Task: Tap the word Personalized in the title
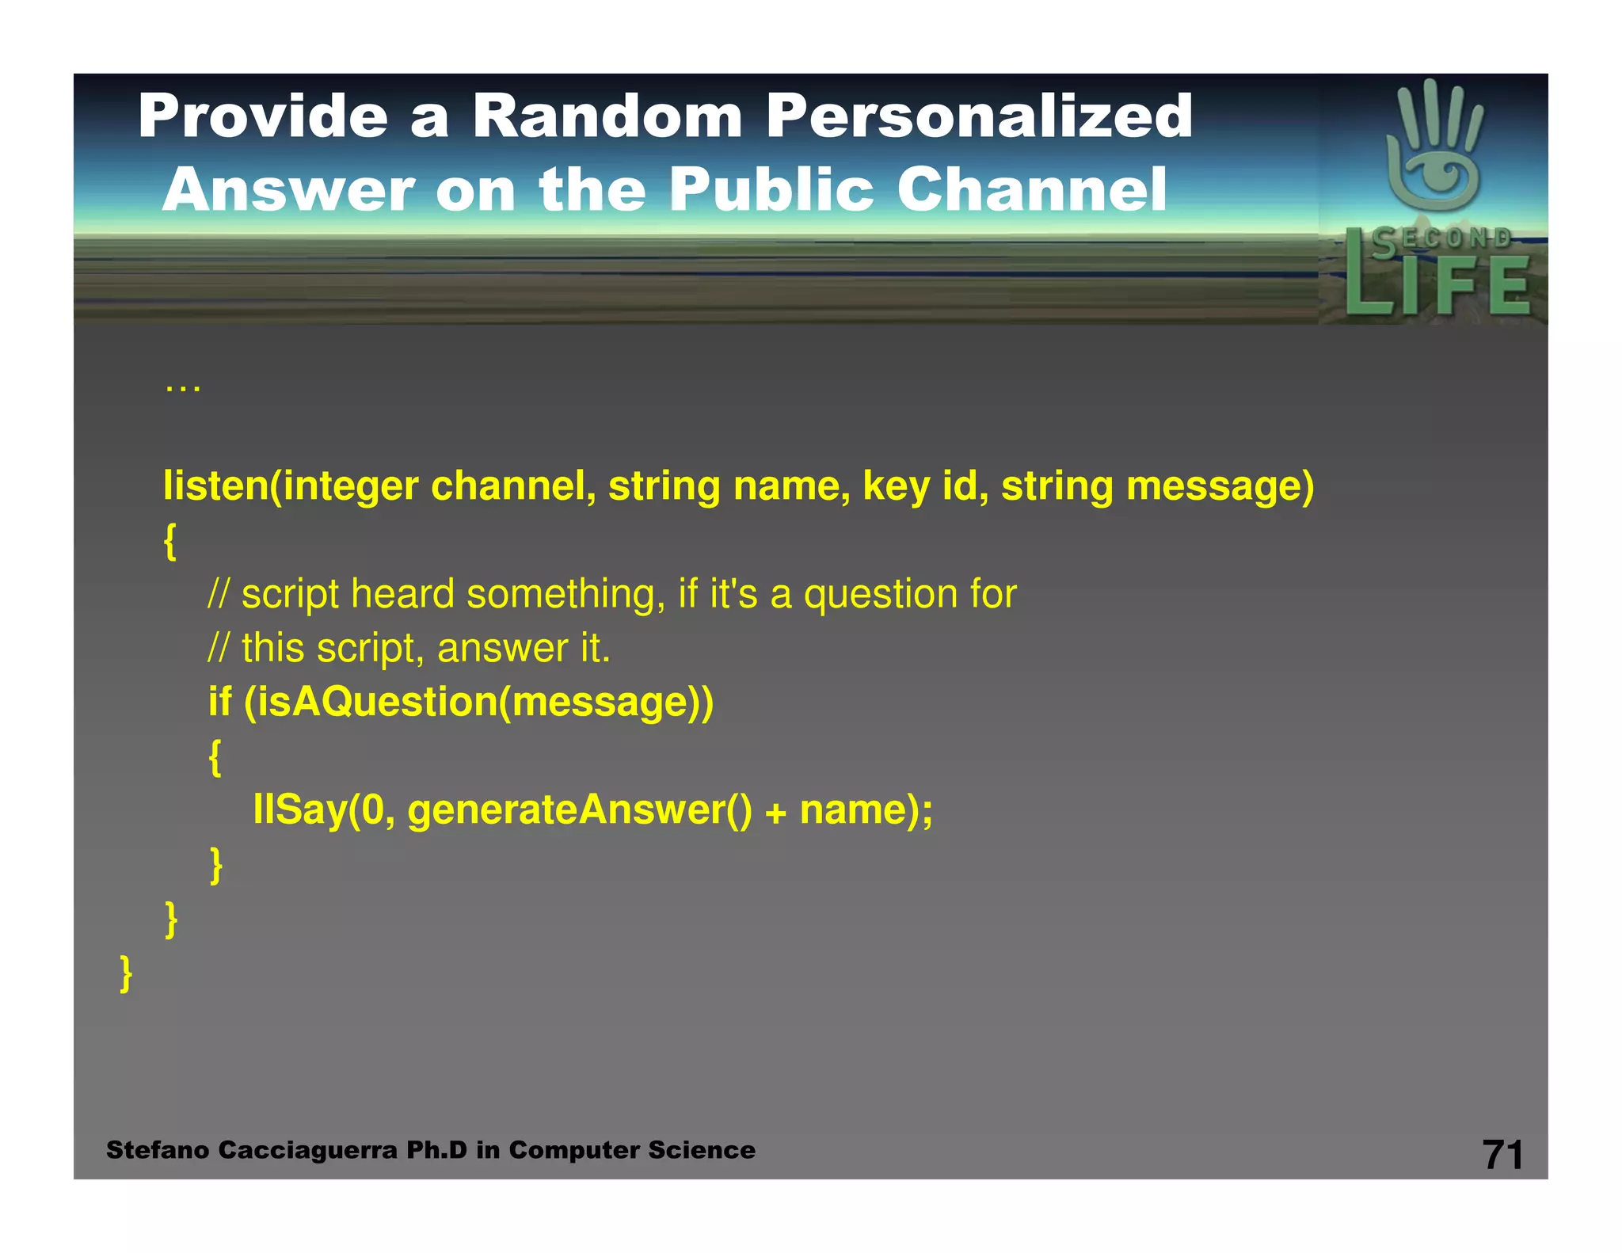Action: (979, 116)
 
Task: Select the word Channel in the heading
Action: (1031, 190)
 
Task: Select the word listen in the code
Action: (215, 486)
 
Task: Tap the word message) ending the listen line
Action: (1220, 487)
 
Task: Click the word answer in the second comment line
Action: (503, 649)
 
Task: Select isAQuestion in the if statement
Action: (377, 703)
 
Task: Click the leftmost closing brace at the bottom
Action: (126, 973)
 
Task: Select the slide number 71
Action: (1502, 1154)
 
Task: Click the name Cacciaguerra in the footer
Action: (307, 1150)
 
